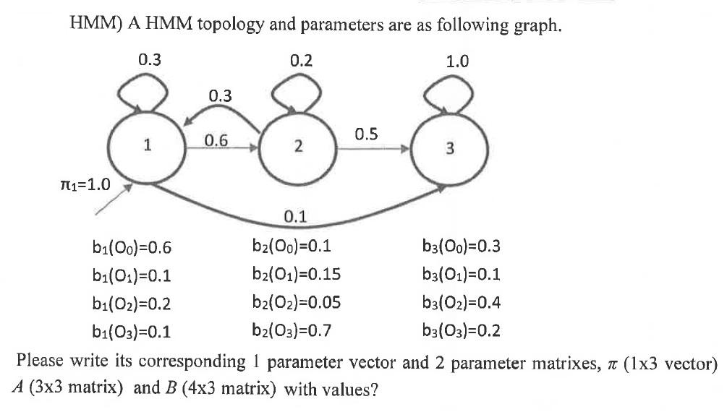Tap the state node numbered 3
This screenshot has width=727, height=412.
click(450, 150)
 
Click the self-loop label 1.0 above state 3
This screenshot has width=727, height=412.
click(457, 61)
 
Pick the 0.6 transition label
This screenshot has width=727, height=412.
click(216, 141)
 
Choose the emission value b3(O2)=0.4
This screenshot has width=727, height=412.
click(461, 304)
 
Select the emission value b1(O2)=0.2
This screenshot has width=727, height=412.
click(125, 304)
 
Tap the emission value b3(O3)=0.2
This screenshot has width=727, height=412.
click(461, 332)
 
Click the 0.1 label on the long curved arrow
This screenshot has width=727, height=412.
click(295, 215)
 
